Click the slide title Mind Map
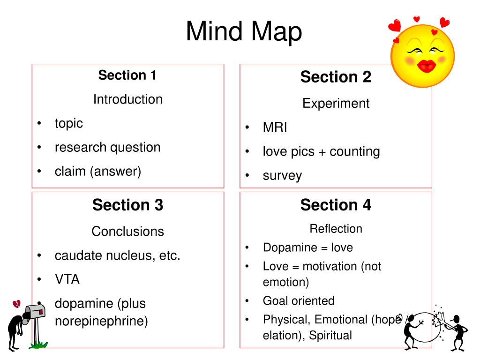tap(244, 32)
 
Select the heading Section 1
tap(127, 75)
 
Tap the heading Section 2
tap(336, 77)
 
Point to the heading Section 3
tap(127, 205)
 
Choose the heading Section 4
tap(336, 205)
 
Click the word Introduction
tap(127, 99)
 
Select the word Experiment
tap(336, 104)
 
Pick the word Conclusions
tap(127, 232)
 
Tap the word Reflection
tap(336, 229)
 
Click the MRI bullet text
tap(275, 127)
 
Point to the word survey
tap(282, 176)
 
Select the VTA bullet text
tap(67, 280)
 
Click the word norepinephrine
tap(101, 322)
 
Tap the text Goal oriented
tap(299, 301)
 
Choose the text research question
tap(107, 147)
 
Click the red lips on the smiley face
tap(426, 66)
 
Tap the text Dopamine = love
tap(307, 247)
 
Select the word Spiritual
tap(330, 336)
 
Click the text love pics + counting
tap(321, 152)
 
